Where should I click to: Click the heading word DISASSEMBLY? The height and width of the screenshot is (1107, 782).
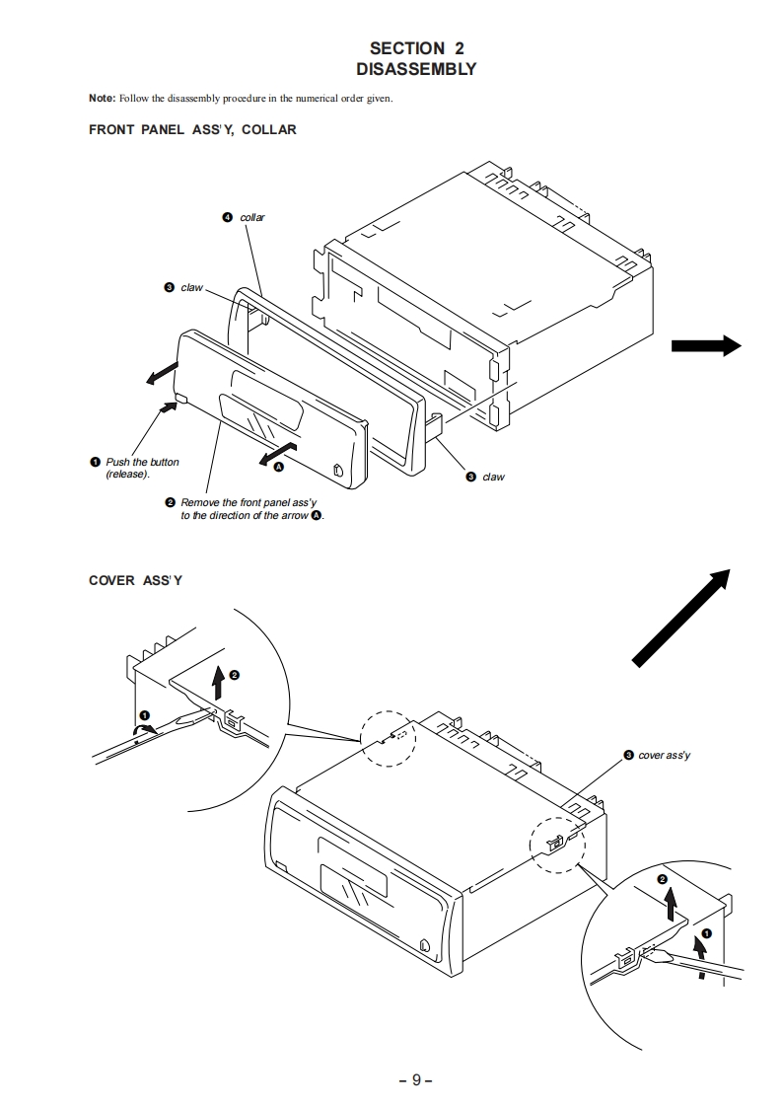point(415,69)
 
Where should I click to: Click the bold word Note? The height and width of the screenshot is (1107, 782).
point(102,99)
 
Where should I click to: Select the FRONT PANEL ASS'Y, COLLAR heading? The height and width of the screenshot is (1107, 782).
point(192,129)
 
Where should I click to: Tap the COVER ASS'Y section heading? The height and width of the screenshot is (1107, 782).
point(135,580)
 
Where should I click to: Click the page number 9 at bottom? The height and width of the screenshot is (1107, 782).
point(416,1079)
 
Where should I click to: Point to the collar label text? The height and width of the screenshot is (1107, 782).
point(252,217)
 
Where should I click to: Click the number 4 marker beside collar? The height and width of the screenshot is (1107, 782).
point(228,217)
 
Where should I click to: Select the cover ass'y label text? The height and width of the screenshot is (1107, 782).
point(665,755)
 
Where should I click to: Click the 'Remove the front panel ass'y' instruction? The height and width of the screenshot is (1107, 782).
point(251,509)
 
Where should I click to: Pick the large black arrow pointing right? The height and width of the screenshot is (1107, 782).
point(705,344)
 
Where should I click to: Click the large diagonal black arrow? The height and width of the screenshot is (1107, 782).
point(681,620)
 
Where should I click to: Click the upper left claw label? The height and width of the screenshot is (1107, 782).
point(191,288)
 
